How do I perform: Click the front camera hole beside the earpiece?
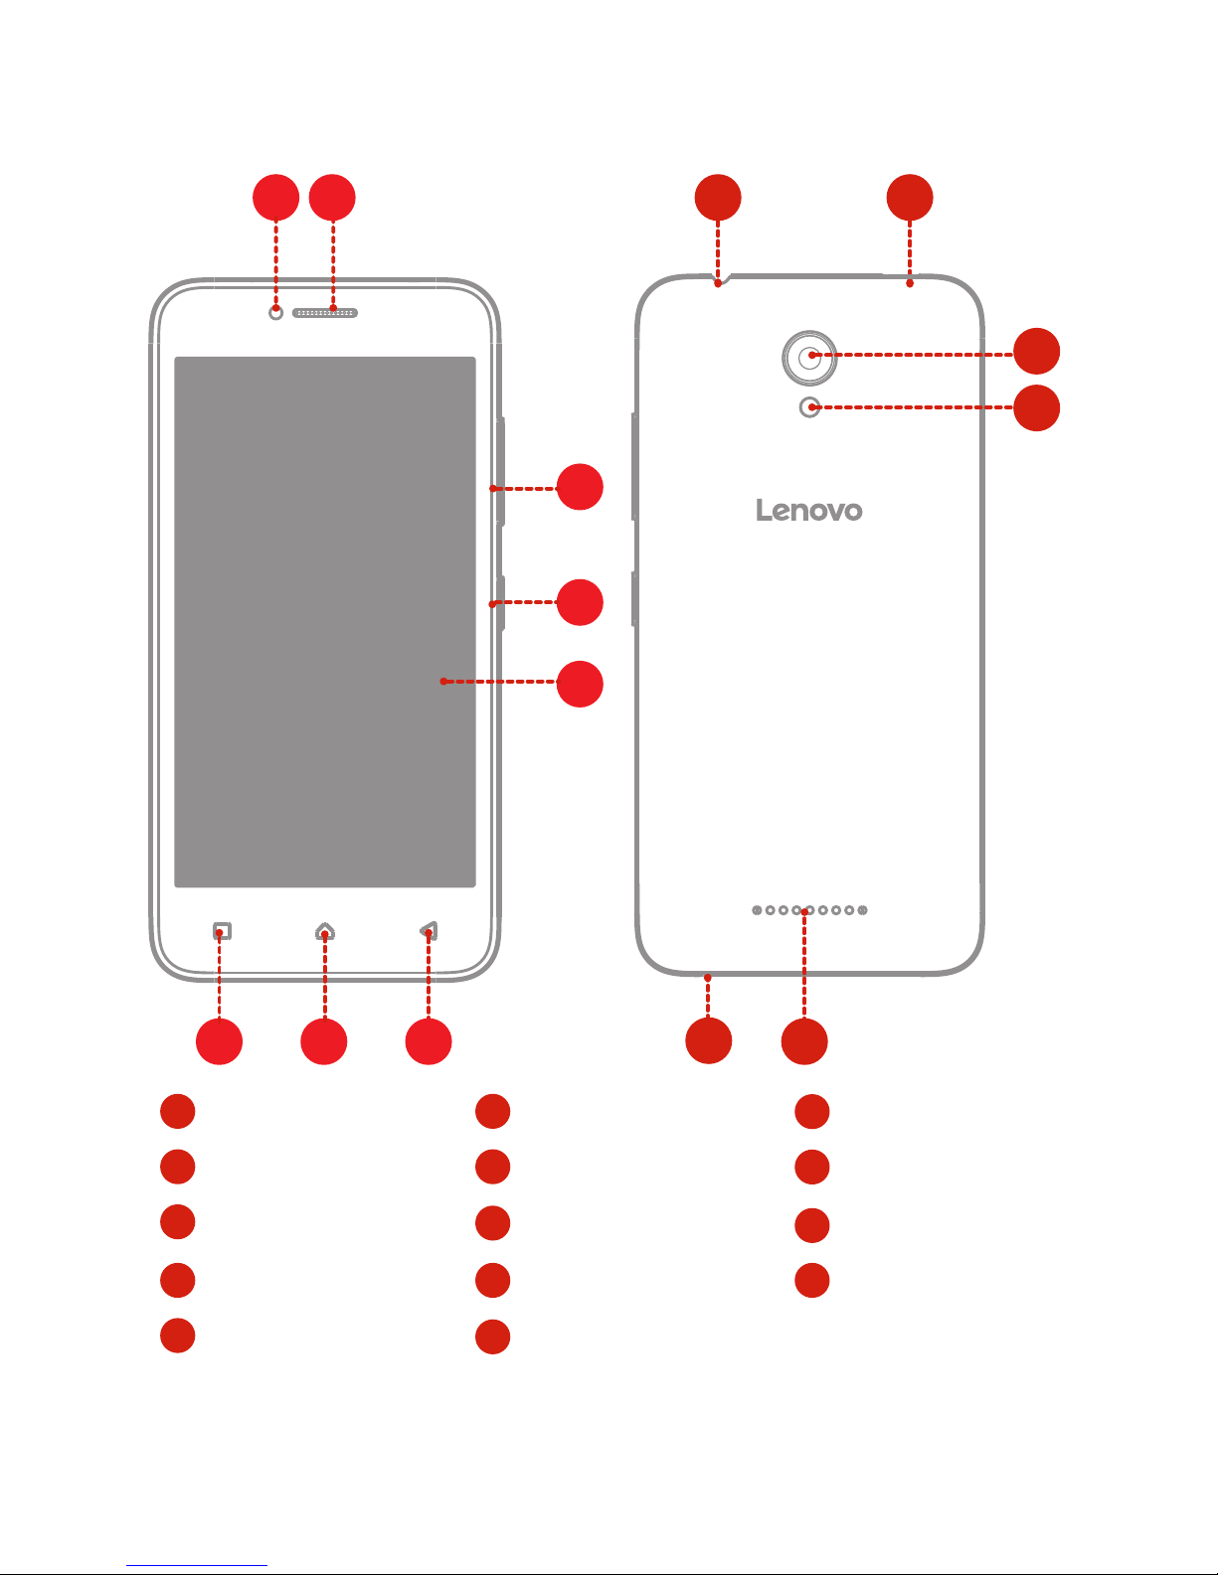[275, 313]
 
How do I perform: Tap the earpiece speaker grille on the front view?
[325, 313]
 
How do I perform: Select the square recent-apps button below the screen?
[223, 931]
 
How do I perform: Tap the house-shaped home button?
[325, 931]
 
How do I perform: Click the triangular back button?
[430, 931]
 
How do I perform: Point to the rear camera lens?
[809, 358]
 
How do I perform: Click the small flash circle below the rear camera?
[809, 407]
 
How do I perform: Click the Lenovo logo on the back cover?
[809, 510]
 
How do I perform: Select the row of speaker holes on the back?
[809, 910]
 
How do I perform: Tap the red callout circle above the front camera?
[276, 197]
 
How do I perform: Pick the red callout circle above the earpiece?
[332, 197]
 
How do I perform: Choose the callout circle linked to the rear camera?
[1037, 352]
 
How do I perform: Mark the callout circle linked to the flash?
[1037, 408]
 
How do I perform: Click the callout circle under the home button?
[324, 1041]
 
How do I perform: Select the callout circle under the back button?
[429, 1041]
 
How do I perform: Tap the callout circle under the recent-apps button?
[220, 1041]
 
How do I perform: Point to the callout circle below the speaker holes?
[804, 1041]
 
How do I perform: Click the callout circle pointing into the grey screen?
[580, 684]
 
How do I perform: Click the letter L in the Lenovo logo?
[763, 510]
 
